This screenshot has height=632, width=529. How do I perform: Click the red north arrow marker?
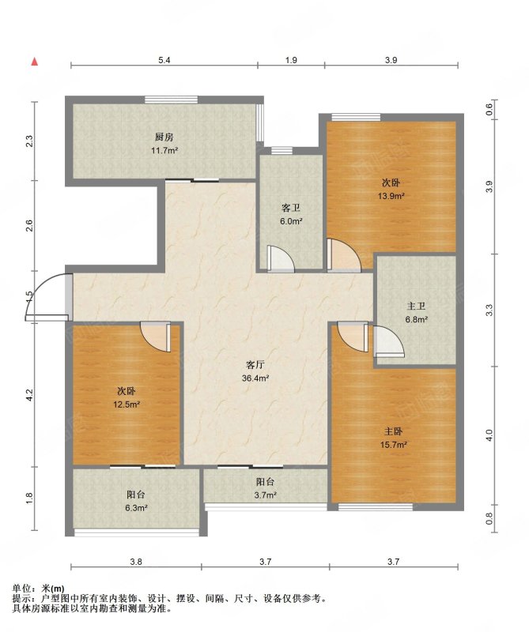click(x=35, y=62)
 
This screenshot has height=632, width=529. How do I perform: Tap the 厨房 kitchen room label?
click(x=164, y=137)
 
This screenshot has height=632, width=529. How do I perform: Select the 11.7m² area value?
click(x=164, y=151)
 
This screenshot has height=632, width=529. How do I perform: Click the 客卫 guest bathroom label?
click(x=291, y=208)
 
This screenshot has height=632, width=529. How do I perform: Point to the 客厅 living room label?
click(x=255, y=365)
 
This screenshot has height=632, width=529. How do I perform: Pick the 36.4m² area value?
click(x=255, y=378)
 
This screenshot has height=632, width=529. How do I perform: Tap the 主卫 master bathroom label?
click(x=417, y=307)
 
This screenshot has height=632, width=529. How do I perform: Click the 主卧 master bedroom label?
click(x=393, y=431)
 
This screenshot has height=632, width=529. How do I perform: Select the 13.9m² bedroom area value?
click(x=391, y=196)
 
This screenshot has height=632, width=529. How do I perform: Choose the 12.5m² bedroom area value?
click(x=127, y=404)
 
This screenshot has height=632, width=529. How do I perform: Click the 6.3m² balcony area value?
click(x=136, y=508)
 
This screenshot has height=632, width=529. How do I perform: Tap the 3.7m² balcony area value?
click(x=265, y=495)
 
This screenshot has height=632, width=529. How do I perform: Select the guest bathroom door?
click(x=281, y=258)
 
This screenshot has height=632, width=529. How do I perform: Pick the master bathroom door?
click(x=389, y=341)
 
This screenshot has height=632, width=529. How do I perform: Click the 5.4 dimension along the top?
click(x=164, y=61)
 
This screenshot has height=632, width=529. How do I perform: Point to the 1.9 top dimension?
click(x=291, y=61)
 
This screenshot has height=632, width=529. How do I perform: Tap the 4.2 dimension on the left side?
click(x=28, y=394)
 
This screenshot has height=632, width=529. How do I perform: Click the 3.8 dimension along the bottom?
click(x=136, y=562)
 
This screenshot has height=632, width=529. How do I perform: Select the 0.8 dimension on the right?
click(x=489, y=518)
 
